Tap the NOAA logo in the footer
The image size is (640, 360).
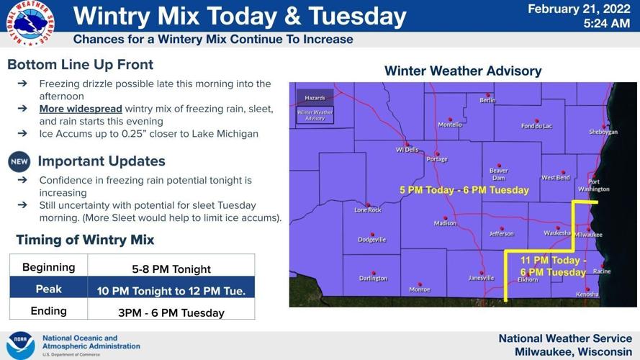pos(20,345)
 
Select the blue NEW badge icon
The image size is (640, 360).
pos(19,161)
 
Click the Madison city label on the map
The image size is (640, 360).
pos(445,223)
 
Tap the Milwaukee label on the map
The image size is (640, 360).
pos(588,234)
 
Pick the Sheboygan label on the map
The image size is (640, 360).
pos(603,132)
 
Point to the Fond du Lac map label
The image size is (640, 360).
pos(536,126)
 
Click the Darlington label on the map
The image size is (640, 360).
pos(373,278)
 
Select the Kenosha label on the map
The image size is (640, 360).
pos(587,294)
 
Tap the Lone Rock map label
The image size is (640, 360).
pos(368,210)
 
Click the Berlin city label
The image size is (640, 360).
pos(487,100)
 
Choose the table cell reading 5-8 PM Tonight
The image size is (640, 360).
pos(171,269)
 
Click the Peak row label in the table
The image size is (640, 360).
pos(48,289)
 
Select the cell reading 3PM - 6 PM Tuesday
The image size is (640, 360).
pos(171,312)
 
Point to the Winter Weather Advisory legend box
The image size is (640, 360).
pos(315,114)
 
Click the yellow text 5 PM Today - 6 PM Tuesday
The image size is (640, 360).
pos(464,191)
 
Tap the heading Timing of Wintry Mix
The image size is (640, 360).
pos(85,240)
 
